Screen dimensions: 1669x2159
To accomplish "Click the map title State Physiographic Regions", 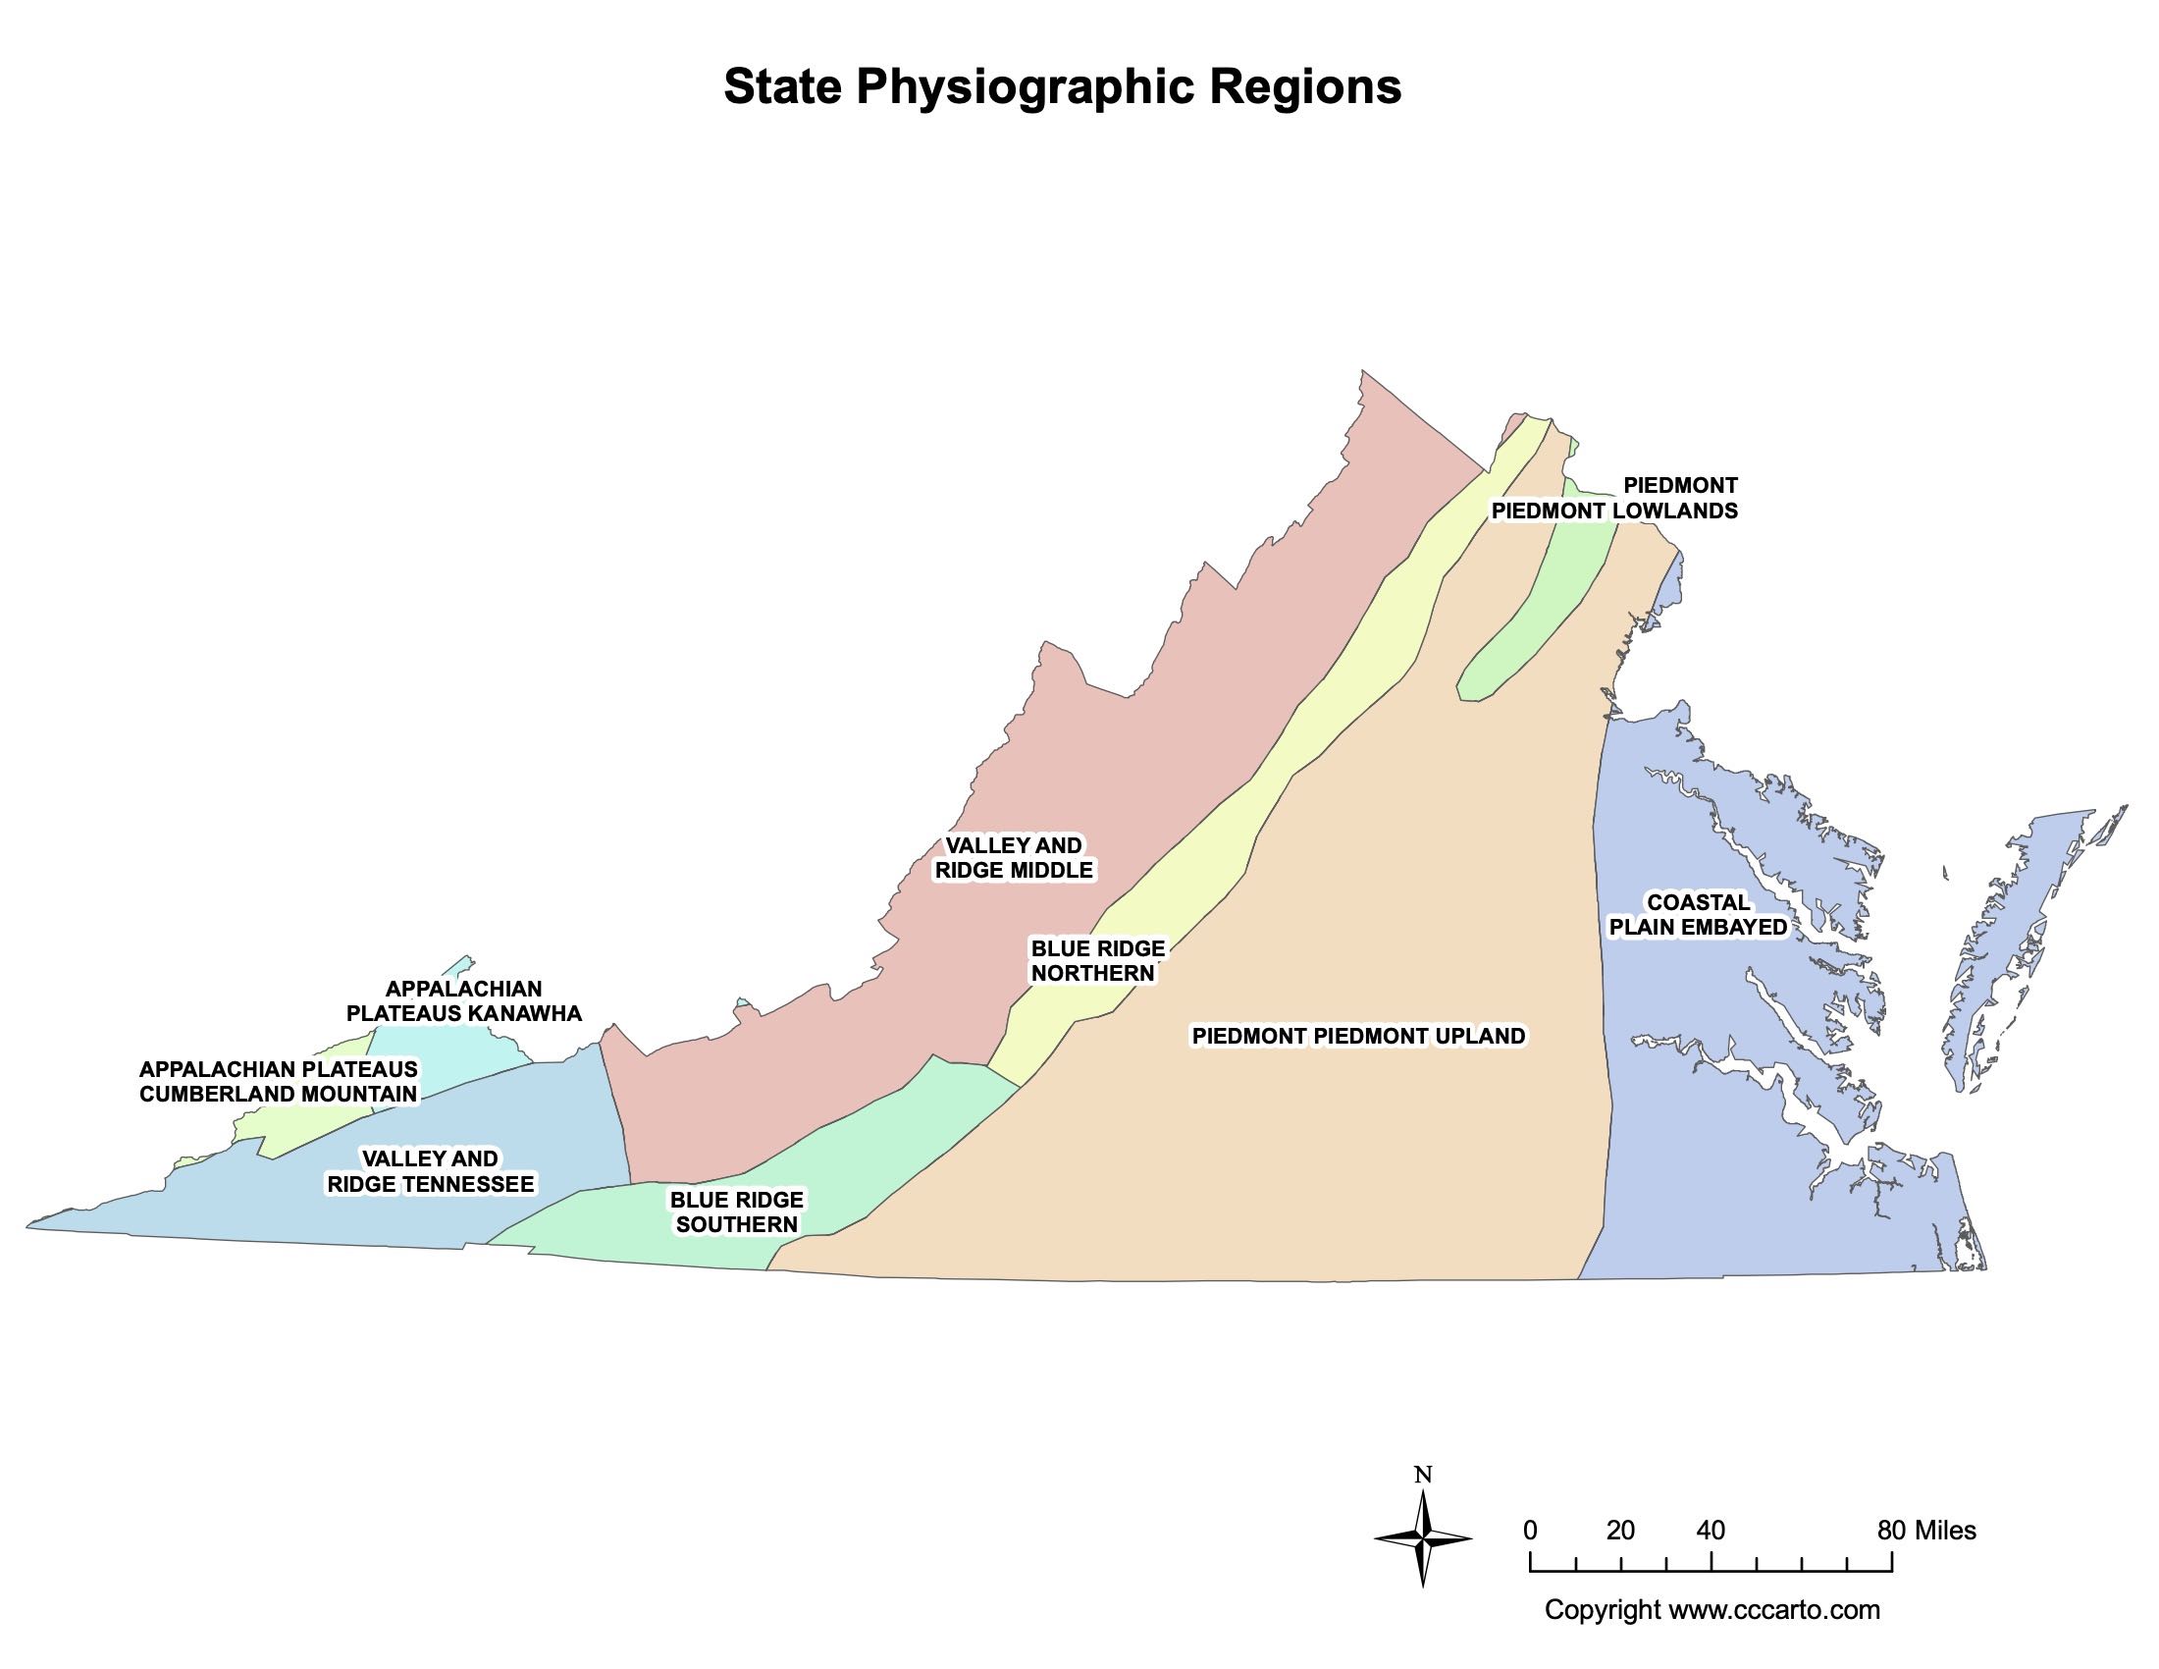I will click(x=1063, y=87).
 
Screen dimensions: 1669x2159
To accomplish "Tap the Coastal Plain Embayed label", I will click(x=1699, y=915).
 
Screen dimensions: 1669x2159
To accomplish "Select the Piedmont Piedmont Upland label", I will click(x=1358, y=1036).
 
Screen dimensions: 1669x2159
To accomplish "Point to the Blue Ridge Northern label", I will click(x=1097, y=961).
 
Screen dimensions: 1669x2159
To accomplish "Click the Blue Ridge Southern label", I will click(x=736, y=1212).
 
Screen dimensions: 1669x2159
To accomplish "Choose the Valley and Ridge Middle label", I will click(x=1015, y=858).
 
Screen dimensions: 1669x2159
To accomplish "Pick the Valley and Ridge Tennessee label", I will click(x=431, y=1171).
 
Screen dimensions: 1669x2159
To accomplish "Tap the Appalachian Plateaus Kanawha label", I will click(x=463, y=1000).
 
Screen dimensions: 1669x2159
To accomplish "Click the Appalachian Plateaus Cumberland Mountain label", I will click(x=279, y=1082).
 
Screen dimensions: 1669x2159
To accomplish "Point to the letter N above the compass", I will click(x=1423, y=1476).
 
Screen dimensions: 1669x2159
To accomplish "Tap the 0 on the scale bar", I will click(x=1530, y=1531).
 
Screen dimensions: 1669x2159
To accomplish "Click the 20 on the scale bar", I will click(x=1620, y=1531).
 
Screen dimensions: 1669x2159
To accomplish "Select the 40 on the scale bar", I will click(x=1711, y=1531).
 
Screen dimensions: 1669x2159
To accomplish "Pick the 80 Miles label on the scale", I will click(x=1925, y=1531).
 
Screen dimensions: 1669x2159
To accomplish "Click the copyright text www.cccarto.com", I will click(x=1712, y=1610).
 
